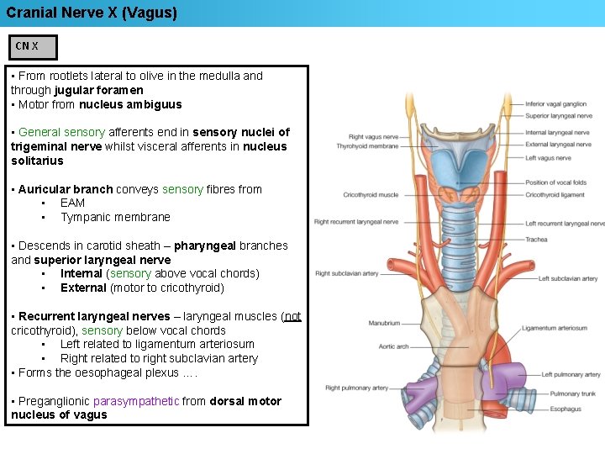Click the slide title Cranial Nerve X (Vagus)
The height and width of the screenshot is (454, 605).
[92, 13]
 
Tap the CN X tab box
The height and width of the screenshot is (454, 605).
[28, 46]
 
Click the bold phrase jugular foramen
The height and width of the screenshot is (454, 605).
[98, 90]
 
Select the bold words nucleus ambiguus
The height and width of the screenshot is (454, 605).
[130, 104]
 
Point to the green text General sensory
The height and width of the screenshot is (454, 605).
[61, 132]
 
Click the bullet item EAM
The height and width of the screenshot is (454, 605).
[72, 203]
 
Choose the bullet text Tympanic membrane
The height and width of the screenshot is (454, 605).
[115, 217]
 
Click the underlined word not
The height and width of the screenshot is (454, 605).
[292, 316]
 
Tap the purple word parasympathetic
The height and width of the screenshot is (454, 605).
[136, 401]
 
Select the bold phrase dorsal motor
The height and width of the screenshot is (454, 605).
[245, 401]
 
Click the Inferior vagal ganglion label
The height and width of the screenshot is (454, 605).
[555, 103]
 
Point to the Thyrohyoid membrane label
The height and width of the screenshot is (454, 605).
[367, 146]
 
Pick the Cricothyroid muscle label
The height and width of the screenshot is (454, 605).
[371, 195]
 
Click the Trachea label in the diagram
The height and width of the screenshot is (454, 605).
[536, 240]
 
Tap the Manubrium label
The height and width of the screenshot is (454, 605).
[384, 323]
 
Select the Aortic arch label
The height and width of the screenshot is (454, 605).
[392, 346]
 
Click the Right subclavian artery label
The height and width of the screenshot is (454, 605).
[346, 273]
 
